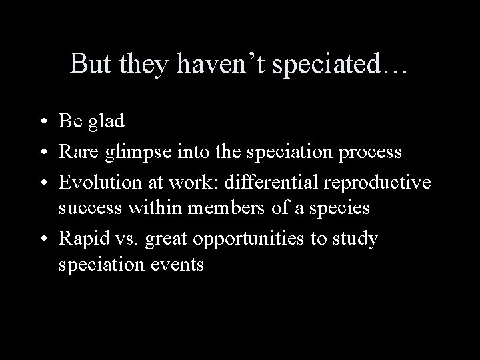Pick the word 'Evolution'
pyautogui.click(x=101, y=181)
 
